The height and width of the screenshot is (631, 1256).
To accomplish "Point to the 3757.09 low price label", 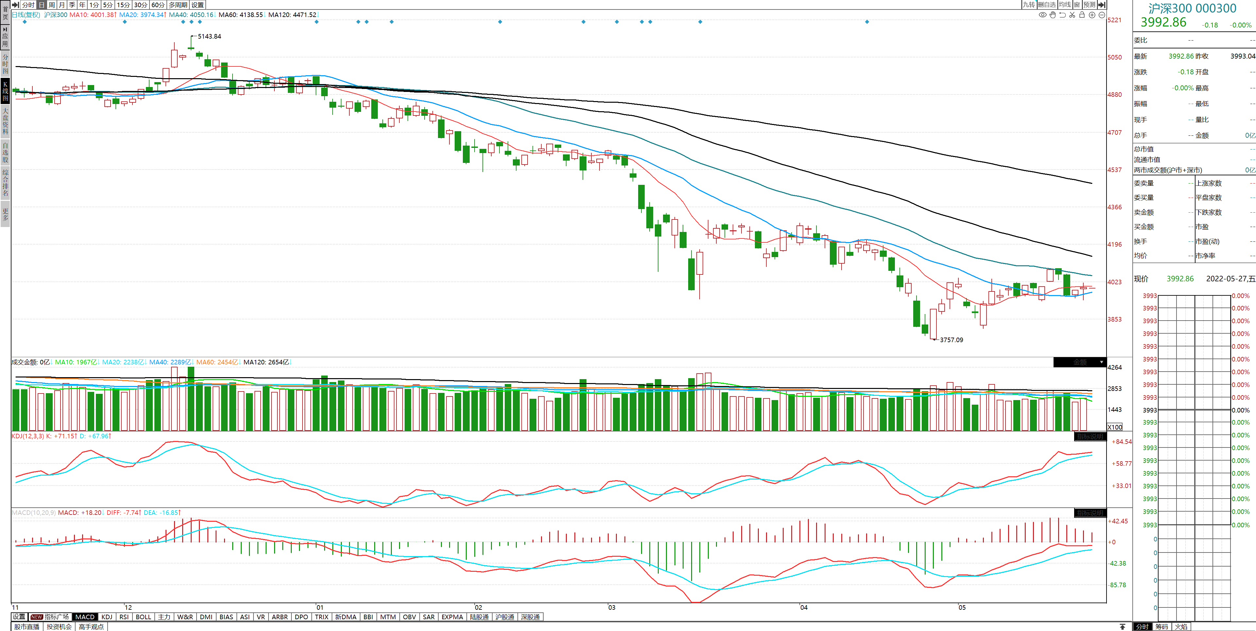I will [x=951, y=340].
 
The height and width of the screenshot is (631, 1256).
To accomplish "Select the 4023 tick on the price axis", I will [x=1115, y=282].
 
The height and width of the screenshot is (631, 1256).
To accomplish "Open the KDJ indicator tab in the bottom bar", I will [x=107, y=617].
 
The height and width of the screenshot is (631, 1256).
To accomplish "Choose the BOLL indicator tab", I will [x=143, y=617].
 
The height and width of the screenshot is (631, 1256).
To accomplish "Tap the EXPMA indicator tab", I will [x=452, y=617].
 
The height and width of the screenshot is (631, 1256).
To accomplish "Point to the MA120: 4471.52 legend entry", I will [x=292, y=15].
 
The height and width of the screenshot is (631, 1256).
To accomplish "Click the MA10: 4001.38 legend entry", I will [x=93, y=15].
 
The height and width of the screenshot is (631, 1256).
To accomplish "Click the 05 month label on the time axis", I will [x=962, y=607].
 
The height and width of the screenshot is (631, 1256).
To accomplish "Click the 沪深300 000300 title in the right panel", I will [x=1192, y=8].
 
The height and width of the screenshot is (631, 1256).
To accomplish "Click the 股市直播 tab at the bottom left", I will [x=27, y=627].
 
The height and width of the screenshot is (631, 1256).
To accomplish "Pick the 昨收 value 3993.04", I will [x=1242, y=56].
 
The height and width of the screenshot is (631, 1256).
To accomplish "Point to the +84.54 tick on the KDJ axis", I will [x=1122, y=442].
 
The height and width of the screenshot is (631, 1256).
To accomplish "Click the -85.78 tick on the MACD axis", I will [x=1118, y=585].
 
